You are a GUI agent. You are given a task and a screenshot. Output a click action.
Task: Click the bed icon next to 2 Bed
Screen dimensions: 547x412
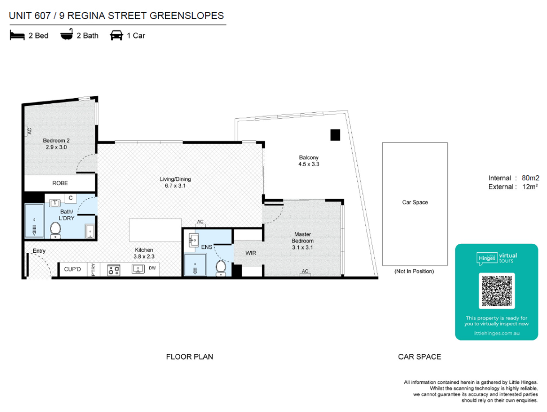tap(17, 36)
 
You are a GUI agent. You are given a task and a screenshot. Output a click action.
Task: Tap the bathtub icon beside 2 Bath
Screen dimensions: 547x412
tap(67, 35)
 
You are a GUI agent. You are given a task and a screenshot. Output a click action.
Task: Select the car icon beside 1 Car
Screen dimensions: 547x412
tap(116, 35)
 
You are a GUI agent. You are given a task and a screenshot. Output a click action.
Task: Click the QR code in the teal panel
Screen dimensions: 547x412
tap(497, 291)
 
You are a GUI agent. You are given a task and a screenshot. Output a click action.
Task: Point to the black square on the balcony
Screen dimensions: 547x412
tap(335, 135)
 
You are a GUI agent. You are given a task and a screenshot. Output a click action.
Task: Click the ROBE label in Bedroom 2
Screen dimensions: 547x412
tap(60, 183)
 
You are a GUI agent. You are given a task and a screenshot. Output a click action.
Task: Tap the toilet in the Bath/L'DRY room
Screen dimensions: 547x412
tap(55, 231)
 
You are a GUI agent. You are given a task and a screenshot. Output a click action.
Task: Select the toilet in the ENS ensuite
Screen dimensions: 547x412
tap(221, 268)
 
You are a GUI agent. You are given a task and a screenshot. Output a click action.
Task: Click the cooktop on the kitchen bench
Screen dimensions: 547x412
tap(114, 270)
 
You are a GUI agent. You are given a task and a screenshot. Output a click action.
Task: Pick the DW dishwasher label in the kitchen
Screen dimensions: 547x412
tap(153, 268)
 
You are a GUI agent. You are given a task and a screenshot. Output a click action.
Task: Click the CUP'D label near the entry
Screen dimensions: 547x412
tap(73, 269)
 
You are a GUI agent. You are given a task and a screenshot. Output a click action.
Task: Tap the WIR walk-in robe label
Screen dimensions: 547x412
tap(251, 253)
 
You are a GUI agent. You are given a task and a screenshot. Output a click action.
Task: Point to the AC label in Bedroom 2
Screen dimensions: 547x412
tap(30, 131)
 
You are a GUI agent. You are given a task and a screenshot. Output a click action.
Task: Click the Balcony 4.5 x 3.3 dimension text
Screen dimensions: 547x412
tap(309, 161)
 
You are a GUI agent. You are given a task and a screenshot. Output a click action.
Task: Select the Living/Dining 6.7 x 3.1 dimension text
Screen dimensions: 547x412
tap(175, 182)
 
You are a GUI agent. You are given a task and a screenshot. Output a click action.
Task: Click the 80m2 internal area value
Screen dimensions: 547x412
tap(530, 178)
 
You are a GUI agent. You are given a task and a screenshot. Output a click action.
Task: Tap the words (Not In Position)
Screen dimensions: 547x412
tap(414, 271)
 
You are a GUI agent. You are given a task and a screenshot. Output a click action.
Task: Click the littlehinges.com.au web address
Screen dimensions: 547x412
tap(496, 334)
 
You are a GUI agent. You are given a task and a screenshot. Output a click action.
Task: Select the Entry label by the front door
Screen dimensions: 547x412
tap(39, 251)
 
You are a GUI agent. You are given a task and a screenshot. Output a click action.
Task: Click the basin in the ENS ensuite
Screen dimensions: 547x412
tap(193, 240)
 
